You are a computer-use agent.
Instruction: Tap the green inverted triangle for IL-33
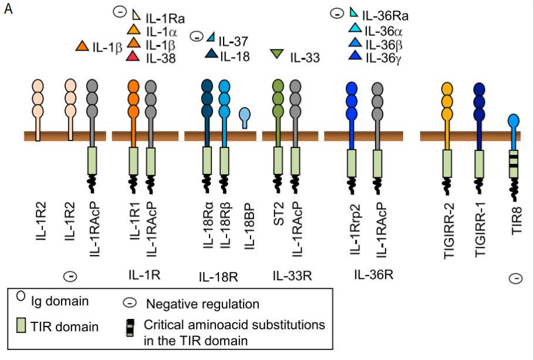click(277, 55)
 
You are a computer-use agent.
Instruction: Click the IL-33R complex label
click(292, 275)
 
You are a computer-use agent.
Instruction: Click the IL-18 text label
click(235, 56)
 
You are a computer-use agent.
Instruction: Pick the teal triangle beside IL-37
click(211, 39)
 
